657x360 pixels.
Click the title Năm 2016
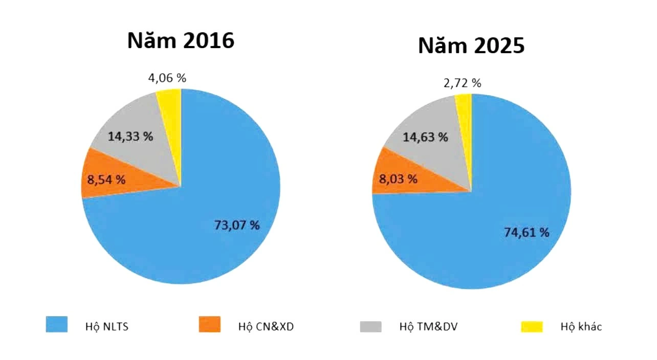[181, 40]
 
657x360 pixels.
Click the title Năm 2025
[471, 46]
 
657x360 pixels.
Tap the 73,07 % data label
[236, 225]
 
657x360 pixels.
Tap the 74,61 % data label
[526, 232]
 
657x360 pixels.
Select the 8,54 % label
[106, 179]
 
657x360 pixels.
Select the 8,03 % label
[398, 179]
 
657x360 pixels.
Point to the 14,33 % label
[130, 137]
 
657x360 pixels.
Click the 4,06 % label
[167, 78]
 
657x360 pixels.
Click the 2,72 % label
[462, 83]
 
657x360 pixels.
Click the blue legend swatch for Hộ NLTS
[57, 325]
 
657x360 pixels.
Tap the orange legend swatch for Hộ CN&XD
[209, 325]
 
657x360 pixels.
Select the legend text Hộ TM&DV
[428, 327]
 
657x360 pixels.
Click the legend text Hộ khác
[581, 327]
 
